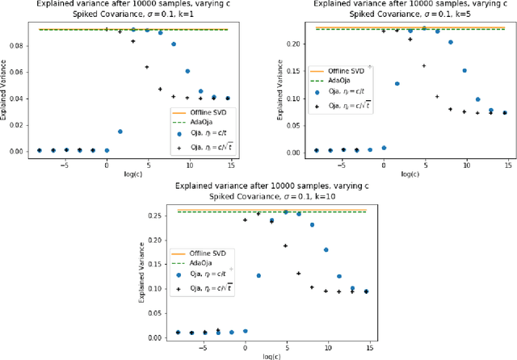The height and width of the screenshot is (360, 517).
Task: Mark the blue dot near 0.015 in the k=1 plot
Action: point(120,131)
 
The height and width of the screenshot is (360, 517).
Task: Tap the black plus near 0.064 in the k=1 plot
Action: point(147,67)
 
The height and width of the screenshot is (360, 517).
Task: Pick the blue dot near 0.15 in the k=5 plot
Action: point(464,71)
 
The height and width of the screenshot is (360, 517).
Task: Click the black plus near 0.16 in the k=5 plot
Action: point(423,65)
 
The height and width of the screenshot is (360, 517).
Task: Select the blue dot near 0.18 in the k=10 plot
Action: point(326,249)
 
